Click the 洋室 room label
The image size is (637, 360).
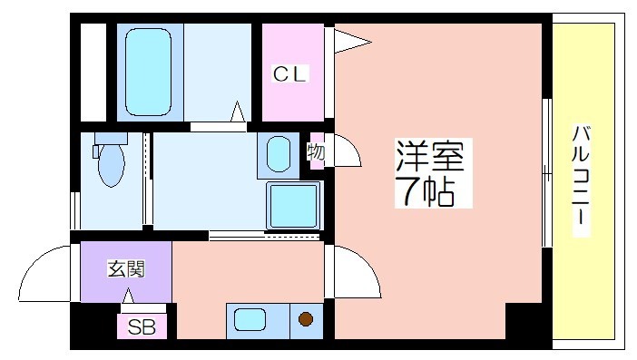click(x=431, y=156)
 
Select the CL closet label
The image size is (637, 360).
click(x=289, y=73)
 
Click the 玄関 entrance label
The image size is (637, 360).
click(x=126, y=268)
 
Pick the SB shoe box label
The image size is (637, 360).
click(x=142, y=326)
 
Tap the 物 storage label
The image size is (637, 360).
click(x=316, y=152)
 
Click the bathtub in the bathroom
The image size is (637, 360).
click(x=148, y=73)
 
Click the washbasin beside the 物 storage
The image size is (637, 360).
click(x=279, y=154)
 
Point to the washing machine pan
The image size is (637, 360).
click(x=293, y=206)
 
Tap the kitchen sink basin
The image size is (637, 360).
click(x=250, y=319)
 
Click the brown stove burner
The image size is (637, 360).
click(x=306, y=318)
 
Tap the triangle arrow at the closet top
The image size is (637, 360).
click(x=352, y=42)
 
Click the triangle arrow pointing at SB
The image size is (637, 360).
click(x=128, y=296)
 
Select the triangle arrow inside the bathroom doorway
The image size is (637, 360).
click(x=238, y=112)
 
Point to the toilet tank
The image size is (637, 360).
click(x=111, y=138)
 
